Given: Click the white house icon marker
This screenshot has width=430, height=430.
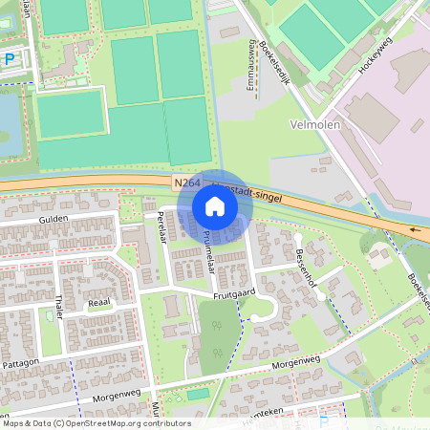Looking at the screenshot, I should click(214, 205).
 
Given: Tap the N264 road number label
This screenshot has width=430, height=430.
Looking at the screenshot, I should click(188, 182).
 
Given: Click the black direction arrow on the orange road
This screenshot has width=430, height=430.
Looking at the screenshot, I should click(415, 229).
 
